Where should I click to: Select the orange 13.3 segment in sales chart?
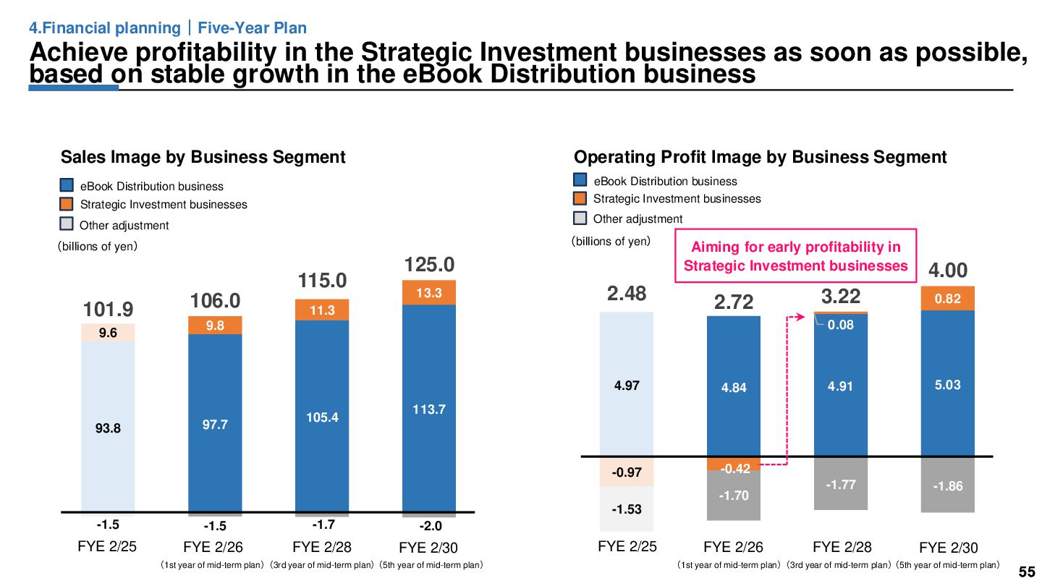(429, 292)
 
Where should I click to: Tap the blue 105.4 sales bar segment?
(322, 417)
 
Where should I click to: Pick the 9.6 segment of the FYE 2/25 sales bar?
(108, 333)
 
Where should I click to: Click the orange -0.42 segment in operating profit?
(734, 464)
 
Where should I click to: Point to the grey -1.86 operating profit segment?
(947, 485)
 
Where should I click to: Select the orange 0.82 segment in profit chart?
(947, 298)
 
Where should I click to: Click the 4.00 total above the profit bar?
(947, 271)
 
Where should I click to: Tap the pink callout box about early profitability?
(795, 257)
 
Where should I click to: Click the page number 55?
(1026, 572)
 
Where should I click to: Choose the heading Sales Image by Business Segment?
(203, 157)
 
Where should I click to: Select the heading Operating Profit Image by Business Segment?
(760, 157)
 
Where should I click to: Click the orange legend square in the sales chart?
(67, 204)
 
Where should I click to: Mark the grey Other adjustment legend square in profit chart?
(580, 218)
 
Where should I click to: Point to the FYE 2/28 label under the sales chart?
(322, 547)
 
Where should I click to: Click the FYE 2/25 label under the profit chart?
(627, 546)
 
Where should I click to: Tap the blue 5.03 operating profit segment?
(947, 384)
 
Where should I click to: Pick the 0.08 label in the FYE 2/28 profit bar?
(841, 325)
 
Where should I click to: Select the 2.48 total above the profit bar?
(627, 293)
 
